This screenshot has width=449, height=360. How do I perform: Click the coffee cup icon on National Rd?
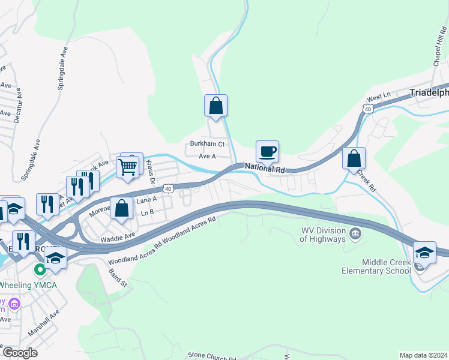267,151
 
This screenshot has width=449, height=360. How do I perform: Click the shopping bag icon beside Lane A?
121,208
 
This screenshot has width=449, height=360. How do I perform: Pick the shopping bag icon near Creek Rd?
354,158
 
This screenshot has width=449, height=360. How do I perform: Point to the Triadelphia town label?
429,93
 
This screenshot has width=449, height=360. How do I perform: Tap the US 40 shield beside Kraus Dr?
169,188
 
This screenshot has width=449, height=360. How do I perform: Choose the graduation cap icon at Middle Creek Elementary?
424,252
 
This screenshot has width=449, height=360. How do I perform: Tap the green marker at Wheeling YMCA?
40,270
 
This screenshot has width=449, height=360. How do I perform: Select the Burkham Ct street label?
206,144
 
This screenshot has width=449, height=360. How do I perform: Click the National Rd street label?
264,170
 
